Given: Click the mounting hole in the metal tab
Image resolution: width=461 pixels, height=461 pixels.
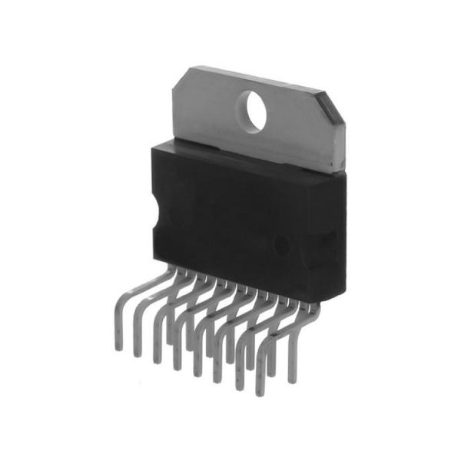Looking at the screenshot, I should pyautogui.click(x=251, y=110).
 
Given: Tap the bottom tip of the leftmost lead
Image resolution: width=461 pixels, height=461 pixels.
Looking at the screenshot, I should pyautogui.click(x=118, y=347).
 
